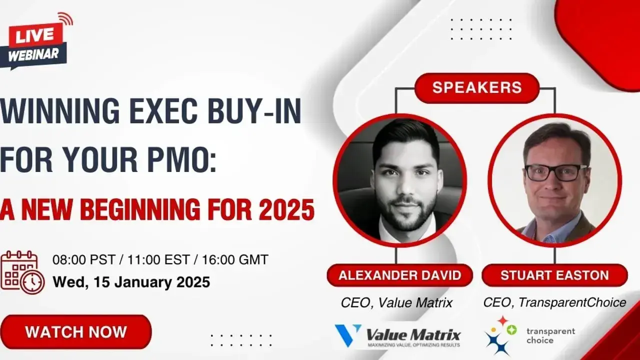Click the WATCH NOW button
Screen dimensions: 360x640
76,332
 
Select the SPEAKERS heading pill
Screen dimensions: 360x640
476,87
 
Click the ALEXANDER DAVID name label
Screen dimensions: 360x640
399,275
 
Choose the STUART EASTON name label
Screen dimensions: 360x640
554,275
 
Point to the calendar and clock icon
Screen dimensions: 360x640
22,272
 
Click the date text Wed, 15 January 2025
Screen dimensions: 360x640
131,282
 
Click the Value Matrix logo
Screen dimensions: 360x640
397,335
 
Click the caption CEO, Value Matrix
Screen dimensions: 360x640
396,302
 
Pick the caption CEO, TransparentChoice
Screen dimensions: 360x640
554,302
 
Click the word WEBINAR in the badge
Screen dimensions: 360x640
34,54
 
